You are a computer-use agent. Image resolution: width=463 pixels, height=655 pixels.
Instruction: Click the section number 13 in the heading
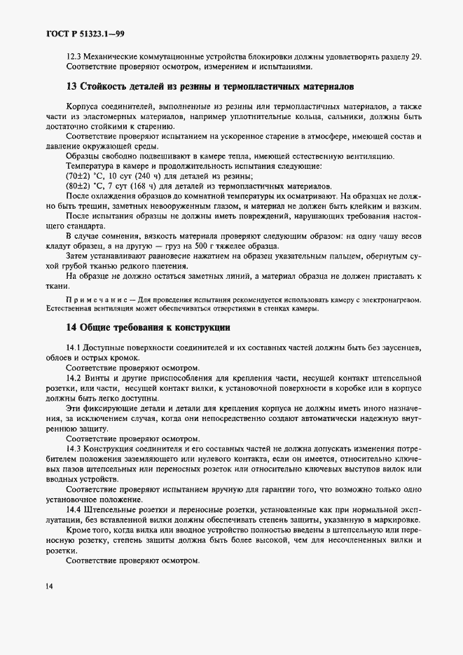coord(70,86)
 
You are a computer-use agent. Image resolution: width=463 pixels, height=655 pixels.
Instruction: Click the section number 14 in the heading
coord(70,327)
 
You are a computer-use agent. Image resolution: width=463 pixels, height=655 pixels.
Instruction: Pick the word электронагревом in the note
coord(391,301)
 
